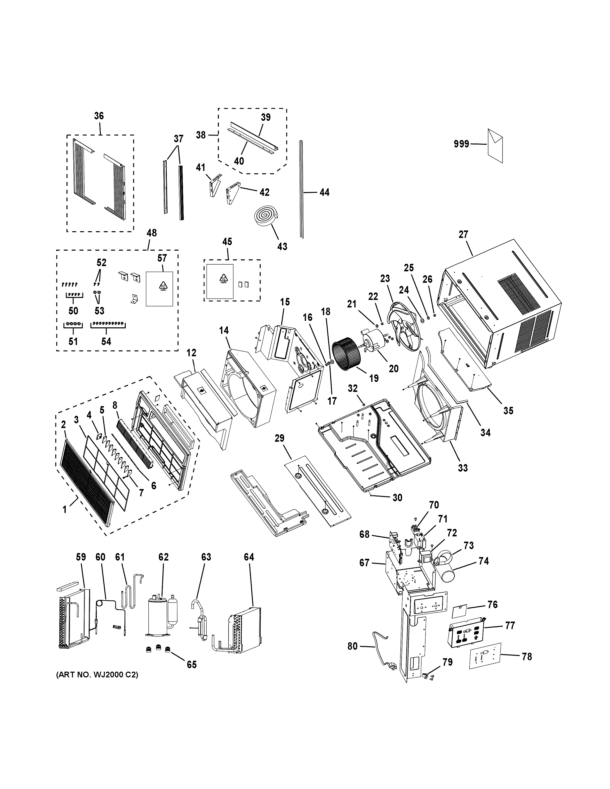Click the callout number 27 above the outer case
[463, 234]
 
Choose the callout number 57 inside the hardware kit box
[162, 258]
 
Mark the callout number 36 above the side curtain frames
[99, 116]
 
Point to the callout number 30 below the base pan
[397, 498]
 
